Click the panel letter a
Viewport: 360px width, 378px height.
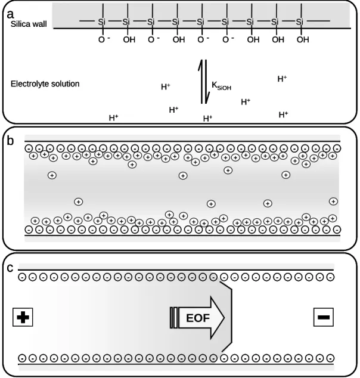tap(10, 14)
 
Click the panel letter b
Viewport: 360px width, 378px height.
tap(10, 141)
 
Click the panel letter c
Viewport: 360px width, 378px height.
tap(10, 268)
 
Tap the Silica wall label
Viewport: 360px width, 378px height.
tap(29, 24)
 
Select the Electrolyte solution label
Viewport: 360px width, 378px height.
tap(45, 83)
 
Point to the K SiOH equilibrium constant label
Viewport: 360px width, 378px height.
tap(221, 86)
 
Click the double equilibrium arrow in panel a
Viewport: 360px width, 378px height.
tap(204, 82)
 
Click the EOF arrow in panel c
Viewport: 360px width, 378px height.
tap(197, 318)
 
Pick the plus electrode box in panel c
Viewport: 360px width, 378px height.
tap(23, 317)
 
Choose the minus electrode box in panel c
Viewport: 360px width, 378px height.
tap(324, 317)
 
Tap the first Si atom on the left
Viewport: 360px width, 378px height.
tap(102, 21)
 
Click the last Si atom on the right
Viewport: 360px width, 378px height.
tap(300, 21)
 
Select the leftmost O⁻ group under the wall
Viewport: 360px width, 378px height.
tap(104, 39)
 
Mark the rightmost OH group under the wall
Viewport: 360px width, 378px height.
tap(303, 39)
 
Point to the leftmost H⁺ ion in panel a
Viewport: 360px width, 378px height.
tap(113, 118)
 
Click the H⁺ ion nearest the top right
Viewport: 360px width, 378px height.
tap(282, 79)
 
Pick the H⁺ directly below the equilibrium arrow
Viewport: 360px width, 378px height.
tap(207, 119)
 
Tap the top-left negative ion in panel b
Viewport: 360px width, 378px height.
tap(29, 148)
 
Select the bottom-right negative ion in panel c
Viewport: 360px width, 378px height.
tap(330, 358)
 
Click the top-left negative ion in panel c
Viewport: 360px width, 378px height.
tap(22, 277)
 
